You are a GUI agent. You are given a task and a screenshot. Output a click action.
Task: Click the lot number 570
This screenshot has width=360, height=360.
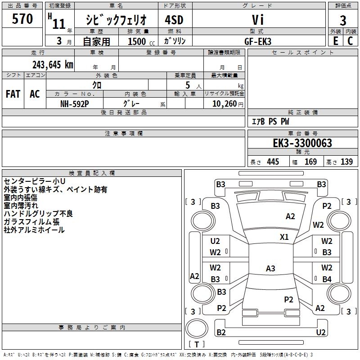click(x=22, y=19)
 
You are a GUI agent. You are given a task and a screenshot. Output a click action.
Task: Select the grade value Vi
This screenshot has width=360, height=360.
click(x=258, y=20)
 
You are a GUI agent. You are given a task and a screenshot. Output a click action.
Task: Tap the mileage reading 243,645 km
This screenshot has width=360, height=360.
click(x=53, y=65)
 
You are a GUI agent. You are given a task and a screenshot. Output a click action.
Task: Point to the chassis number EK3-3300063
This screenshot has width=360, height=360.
click(x=302, y=143)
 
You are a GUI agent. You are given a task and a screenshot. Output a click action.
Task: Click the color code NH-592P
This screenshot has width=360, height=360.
click(x=75, y=104)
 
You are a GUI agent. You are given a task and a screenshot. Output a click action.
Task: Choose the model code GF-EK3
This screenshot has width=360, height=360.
click(x=258, y=41)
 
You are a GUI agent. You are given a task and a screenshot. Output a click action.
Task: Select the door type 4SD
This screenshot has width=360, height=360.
click(x=174, y=20)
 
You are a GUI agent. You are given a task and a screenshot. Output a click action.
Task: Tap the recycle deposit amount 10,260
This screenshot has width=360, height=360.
click(x=225, y=104)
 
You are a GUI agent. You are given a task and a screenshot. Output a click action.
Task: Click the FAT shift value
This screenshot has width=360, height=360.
click(x=13, y=94)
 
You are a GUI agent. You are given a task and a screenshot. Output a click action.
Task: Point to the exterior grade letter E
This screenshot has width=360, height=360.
click(x=336, y=41)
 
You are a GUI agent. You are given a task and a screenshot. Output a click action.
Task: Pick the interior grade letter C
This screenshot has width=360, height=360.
click(x=350, y=41)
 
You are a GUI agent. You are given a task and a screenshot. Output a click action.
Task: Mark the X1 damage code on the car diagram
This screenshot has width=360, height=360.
click(x=284, y=237)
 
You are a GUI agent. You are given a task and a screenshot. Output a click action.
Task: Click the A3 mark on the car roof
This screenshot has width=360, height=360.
click(x=270, y=268)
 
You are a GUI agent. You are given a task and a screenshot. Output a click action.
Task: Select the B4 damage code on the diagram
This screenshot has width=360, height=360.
click(x=327, y=279)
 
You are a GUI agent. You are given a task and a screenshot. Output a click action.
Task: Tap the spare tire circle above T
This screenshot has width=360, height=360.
click(x=197, y=328)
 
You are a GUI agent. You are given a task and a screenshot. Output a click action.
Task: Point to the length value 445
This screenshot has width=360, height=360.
click(x=273, y=162)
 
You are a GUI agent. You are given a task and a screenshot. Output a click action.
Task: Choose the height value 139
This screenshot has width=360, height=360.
click(x=346, y=162)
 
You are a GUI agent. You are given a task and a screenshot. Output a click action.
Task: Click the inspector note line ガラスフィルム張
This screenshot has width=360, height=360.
click(x=31, y=222)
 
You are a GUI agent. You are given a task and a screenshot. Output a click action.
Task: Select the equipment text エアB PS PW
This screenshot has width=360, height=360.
click(x=270, y=121)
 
